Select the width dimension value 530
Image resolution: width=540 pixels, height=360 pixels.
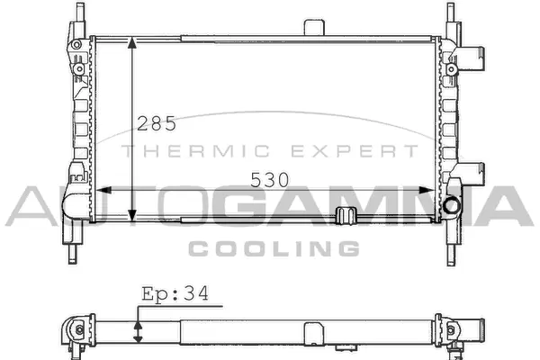coord(270,179)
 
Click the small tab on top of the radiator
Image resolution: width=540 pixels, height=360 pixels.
coord(313,27)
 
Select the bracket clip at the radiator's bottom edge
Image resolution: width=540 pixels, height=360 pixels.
coord(345,216)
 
